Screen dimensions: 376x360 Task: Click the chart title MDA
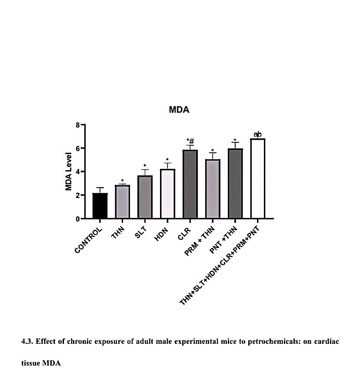(179, 110)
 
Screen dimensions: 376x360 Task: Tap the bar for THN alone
(122, 202)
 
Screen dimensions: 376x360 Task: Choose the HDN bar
(167, 194)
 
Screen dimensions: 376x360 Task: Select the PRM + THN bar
(213, 189)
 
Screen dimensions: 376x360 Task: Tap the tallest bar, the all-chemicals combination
(257, 178)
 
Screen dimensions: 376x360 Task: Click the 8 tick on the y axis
(77, 125)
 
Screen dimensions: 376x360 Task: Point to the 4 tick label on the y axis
(77, 172)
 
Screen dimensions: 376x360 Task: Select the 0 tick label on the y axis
(77, 219)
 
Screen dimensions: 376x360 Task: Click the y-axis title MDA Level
(69, 171)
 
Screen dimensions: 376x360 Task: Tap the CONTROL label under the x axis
(89, 240)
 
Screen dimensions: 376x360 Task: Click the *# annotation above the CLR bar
(190, 141)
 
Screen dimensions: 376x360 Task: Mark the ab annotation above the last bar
(257, 134)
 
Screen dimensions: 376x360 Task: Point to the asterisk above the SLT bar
(145, 166)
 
